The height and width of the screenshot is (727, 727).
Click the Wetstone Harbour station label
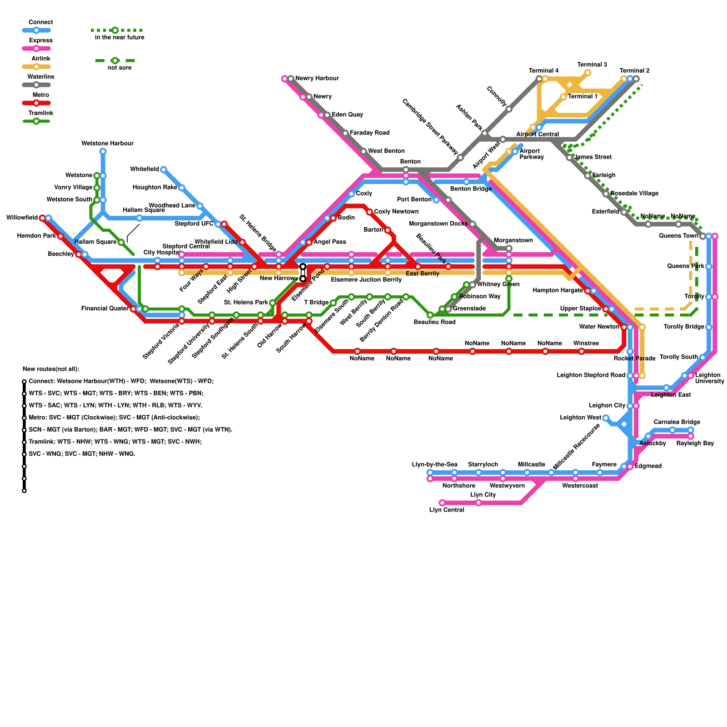[x=107, y=144]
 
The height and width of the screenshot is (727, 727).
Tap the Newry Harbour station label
[x=317, y=79]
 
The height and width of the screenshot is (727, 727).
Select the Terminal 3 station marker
[x=588, y=73]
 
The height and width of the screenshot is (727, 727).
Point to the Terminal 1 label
[x=583, y=97]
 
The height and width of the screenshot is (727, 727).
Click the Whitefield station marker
[x=164, y=169]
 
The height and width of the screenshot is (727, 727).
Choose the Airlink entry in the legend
[x=36, y=67]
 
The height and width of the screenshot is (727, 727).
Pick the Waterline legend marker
[x=36, y=85]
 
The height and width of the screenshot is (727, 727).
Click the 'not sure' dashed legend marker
[x=115, y=61]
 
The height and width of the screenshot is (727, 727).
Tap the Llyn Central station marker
[x=442, y=503]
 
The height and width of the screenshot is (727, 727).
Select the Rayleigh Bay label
[x=695, y=443]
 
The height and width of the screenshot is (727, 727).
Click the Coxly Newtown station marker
[x=369, y=212]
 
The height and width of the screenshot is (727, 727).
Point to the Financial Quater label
[x=105, y=309]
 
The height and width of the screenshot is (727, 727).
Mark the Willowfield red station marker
[x=42, y=218]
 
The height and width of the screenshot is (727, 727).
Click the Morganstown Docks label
[x=438, y=224]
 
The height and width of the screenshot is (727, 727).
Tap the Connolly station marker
[x=509, y=109]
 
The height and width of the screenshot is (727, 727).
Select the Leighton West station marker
[x=606, y=418]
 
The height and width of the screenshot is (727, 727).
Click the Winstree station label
[x=586, y=344]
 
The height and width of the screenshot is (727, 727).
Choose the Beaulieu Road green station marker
[x=430, y=315]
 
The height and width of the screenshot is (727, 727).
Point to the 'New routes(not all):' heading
[x=51, y=369]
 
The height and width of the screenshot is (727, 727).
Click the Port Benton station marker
[x=436, y=200]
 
